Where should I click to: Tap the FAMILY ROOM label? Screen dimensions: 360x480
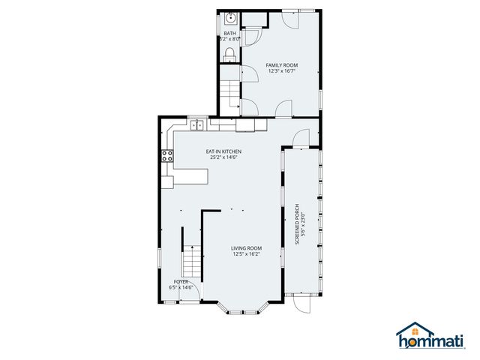pos(282,65)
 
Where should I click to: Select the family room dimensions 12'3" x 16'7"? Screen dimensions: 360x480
pos(282,72)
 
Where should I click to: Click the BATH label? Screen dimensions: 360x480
pos(229,34)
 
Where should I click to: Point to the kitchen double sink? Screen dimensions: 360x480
pos(197,125)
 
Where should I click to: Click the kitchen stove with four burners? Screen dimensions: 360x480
pos(166,157)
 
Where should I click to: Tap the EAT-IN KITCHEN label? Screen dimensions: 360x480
pos(223,151)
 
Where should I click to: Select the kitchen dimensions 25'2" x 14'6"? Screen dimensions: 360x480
pos(223,157)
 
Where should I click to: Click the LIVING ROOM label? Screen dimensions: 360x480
pos(246,248)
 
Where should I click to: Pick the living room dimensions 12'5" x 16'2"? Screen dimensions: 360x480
pos(246,254)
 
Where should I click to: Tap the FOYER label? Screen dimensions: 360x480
pos(181,281)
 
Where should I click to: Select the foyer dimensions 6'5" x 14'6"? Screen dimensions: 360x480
pos(181,287)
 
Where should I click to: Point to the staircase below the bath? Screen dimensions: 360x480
pos(229,94)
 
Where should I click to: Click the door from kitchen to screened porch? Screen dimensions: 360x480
pos(300,137)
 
